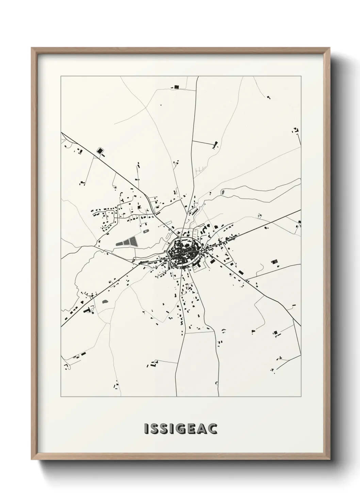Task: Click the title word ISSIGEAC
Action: pyautogui.click(x=181, y=429)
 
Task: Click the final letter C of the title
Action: pyautogui.click(x=213, y=429)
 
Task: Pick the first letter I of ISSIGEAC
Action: pyautogui.click(x=146, y=429)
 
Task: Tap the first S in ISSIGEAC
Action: pyautogui.click(x=154, y=429)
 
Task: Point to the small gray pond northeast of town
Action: pyautogui.click(x=223, y=193)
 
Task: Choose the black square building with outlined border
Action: pyautogui.click(x=100, y=151)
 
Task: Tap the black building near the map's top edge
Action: pyautogui.click(x=176, y=88)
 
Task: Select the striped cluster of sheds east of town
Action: pyautogui.click(x=274, y=262)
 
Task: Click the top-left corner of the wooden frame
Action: pyautogui.click(x=32, y=48)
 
